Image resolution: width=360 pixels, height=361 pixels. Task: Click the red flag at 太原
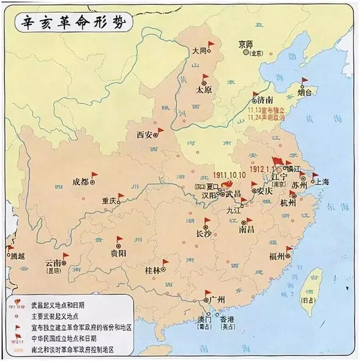pyautogui.click(x=206, y=77)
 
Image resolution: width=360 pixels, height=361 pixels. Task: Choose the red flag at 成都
pyautogui.click(x=94, y=175)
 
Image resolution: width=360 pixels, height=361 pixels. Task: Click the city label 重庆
pyautogui.click(x=110, y=201)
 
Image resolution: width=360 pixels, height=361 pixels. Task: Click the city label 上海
pyautogui.click(x=321, y=182)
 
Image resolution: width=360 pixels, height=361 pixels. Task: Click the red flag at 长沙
pyautogui.click(x=207, y=221)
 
